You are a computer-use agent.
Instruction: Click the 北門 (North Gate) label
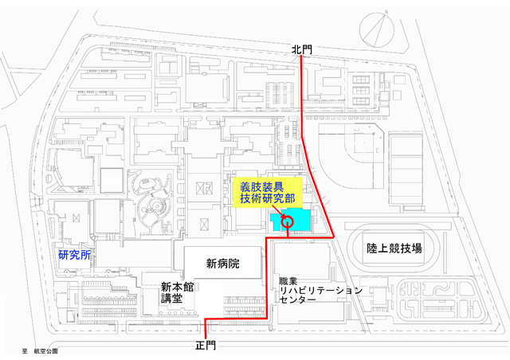pyautogui.click(x=301, y=49)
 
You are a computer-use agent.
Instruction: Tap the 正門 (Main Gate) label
pyautogui.click(x=206, y=346)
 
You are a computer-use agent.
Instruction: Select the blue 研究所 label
pyautogui.click(x=74, y=255)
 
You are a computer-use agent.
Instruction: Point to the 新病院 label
pyautogui.click(x=223, y=263)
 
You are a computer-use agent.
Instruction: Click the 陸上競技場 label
pyautogui.click(x=394, y=248)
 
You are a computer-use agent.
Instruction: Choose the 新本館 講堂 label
pyautogui.click(x=177, y=292)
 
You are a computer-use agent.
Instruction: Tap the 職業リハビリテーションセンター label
pyautogui.click(x=320, y=291)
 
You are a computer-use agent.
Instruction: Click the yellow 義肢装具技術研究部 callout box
pyautogui.click(x=268, y=193)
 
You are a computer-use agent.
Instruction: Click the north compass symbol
pyautogui.click(x=377, y=30)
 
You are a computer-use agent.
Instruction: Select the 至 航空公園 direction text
pyautogui.click(x=40, y=351)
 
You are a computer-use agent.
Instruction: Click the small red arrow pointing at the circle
pyautogui.click(x=279, y=211)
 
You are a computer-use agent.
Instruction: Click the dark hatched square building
pyautogui.click(x=112, y=181)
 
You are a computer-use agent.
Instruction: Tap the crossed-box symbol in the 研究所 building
pyautogui.click(x=76, y=217)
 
